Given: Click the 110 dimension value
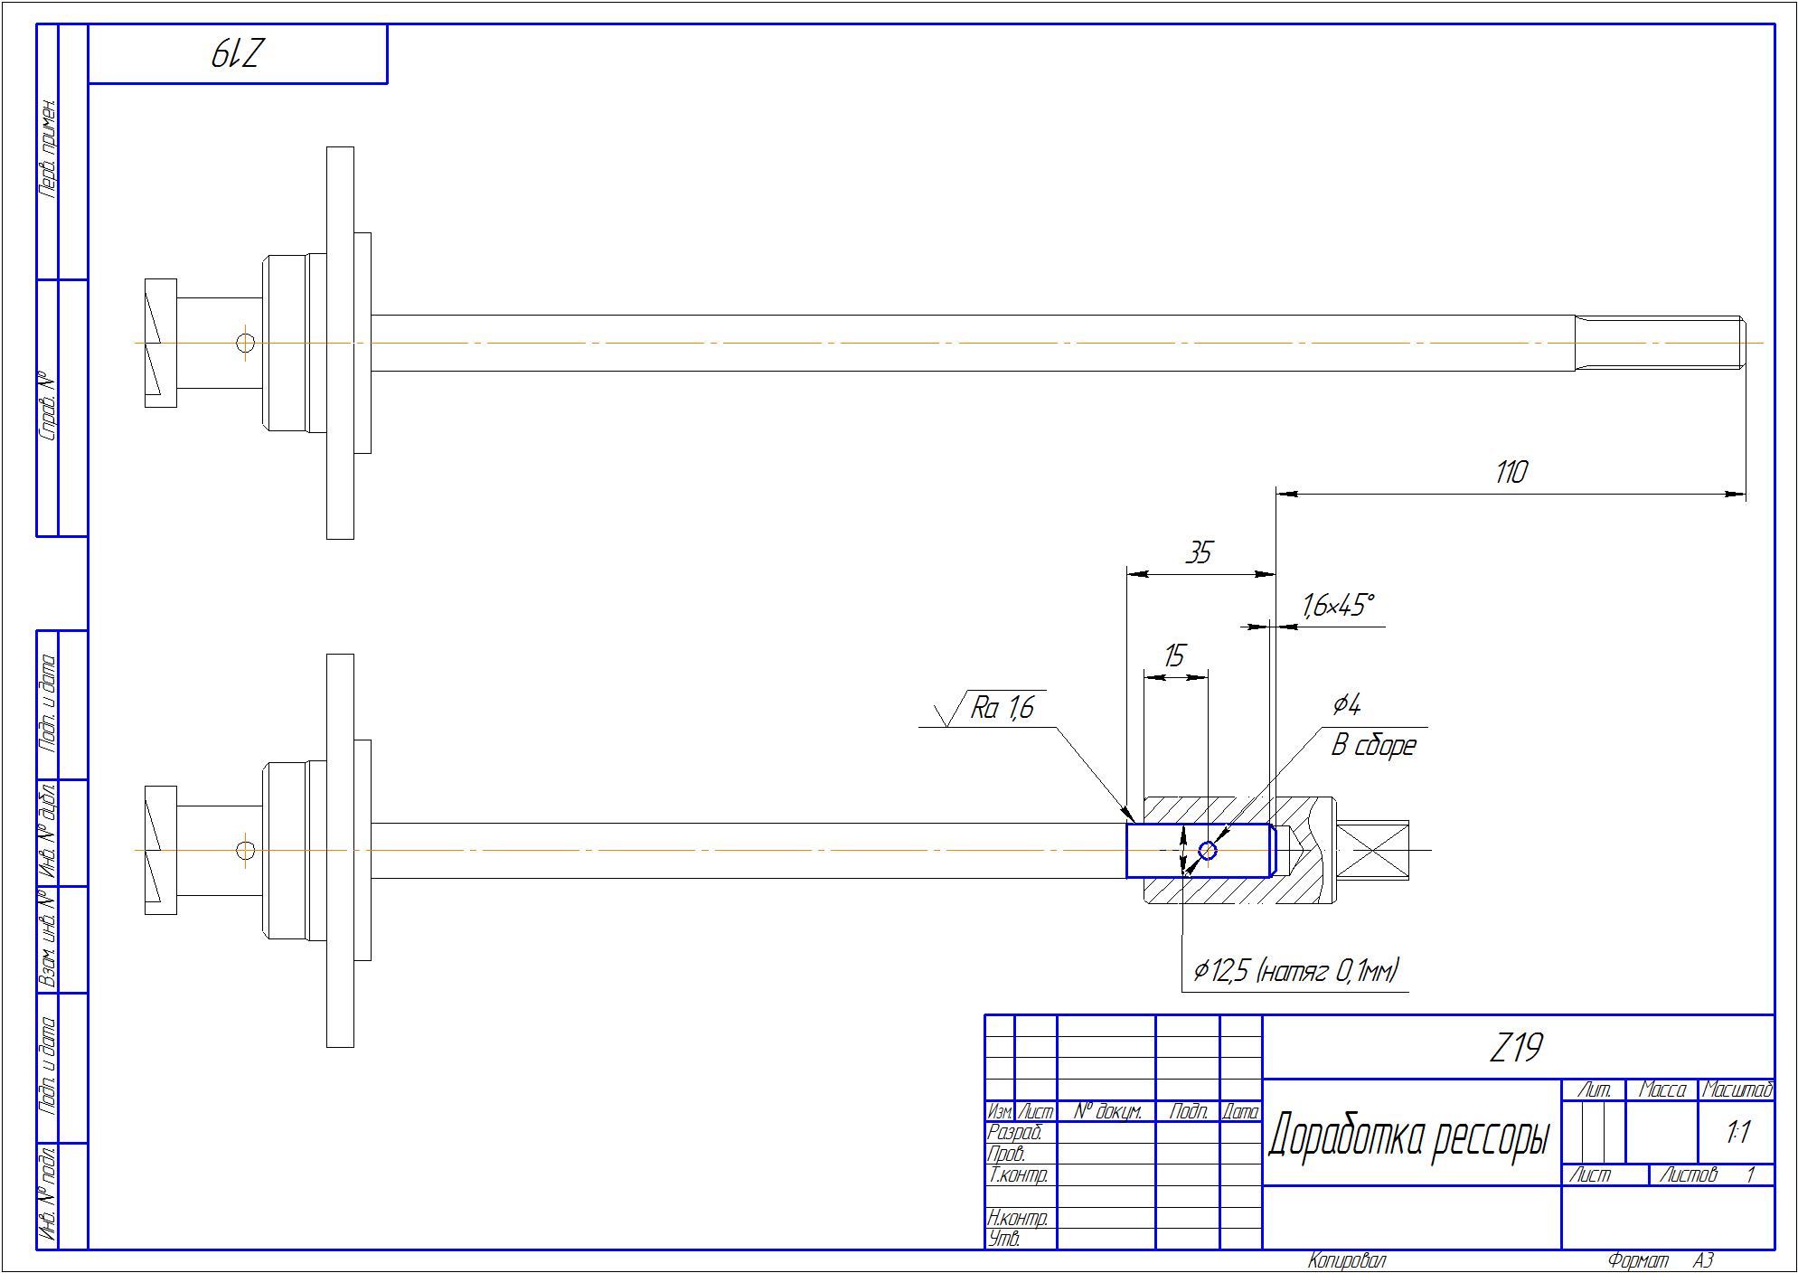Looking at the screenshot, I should tap(1511, 473).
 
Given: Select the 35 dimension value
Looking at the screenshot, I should tap(1198, 552).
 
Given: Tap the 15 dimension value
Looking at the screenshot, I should tap(1173, 656).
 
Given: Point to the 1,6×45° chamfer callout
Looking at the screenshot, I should tap(1337, 606).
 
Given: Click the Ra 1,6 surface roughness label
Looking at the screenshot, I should tap(1002, 708).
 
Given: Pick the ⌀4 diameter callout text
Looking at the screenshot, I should tap(1347, 705).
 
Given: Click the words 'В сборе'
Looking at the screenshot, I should tap(1373, 746).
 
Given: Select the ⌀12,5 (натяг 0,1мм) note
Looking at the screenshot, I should tap(1295, 972).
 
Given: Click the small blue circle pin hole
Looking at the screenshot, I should tap(1208, 851).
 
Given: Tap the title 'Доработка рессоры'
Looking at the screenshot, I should tap(1408, 1137).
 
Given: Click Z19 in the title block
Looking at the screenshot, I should tap(1515, 1049).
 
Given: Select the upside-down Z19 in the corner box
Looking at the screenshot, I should tap(237, 55).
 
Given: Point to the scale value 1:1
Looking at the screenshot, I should tap(1737, 1133).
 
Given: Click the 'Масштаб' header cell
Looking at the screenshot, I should tap(1737, 1091).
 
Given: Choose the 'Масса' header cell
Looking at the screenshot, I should tap(1662, 1091).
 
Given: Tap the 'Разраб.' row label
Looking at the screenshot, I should tap(1015, 1133).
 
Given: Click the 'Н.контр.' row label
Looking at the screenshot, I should tap(1018, 1218).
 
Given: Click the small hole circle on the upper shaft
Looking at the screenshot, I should tap(245, 344).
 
